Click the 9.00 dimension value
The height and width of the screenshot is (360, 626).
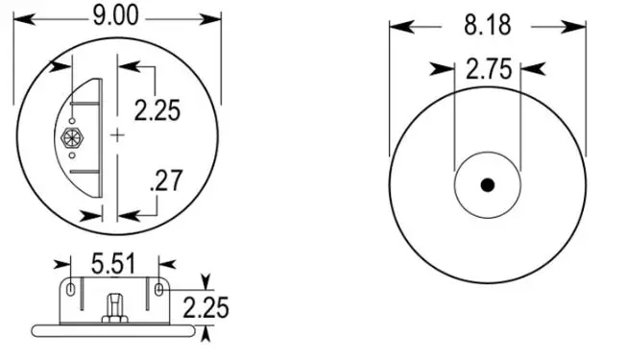pyautogui.click(x=116, y=16)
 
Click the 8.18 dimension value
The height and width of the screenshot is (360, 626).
pyautogui.click(x=487, y=25)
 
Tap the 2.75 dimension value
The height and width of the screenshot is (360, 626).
pyautogui.click(x=489, y=69)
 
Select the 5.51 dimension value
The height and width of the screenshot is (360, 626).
pyautogui.click(x=114, y=264)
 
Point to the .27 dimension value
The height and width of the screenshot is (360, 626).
pyautogui.click(x=166, y=180)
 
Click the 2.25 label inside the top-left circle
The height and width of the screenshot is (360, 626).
pyautogui.click(x=157, y=110)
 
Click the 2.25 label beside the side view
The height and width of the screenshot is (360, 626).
pyautogui.click(x=206, y=308)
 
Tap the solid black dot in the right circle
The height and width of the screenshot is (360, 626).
pyautogui.click(x=488, y=185)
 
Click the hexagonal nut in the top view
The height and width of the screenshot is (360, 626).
pyautogui.click(x=72, y=137)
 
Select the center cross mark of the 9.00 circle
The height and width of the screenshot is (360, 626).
pyautogui.click(x=117, y=135)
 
